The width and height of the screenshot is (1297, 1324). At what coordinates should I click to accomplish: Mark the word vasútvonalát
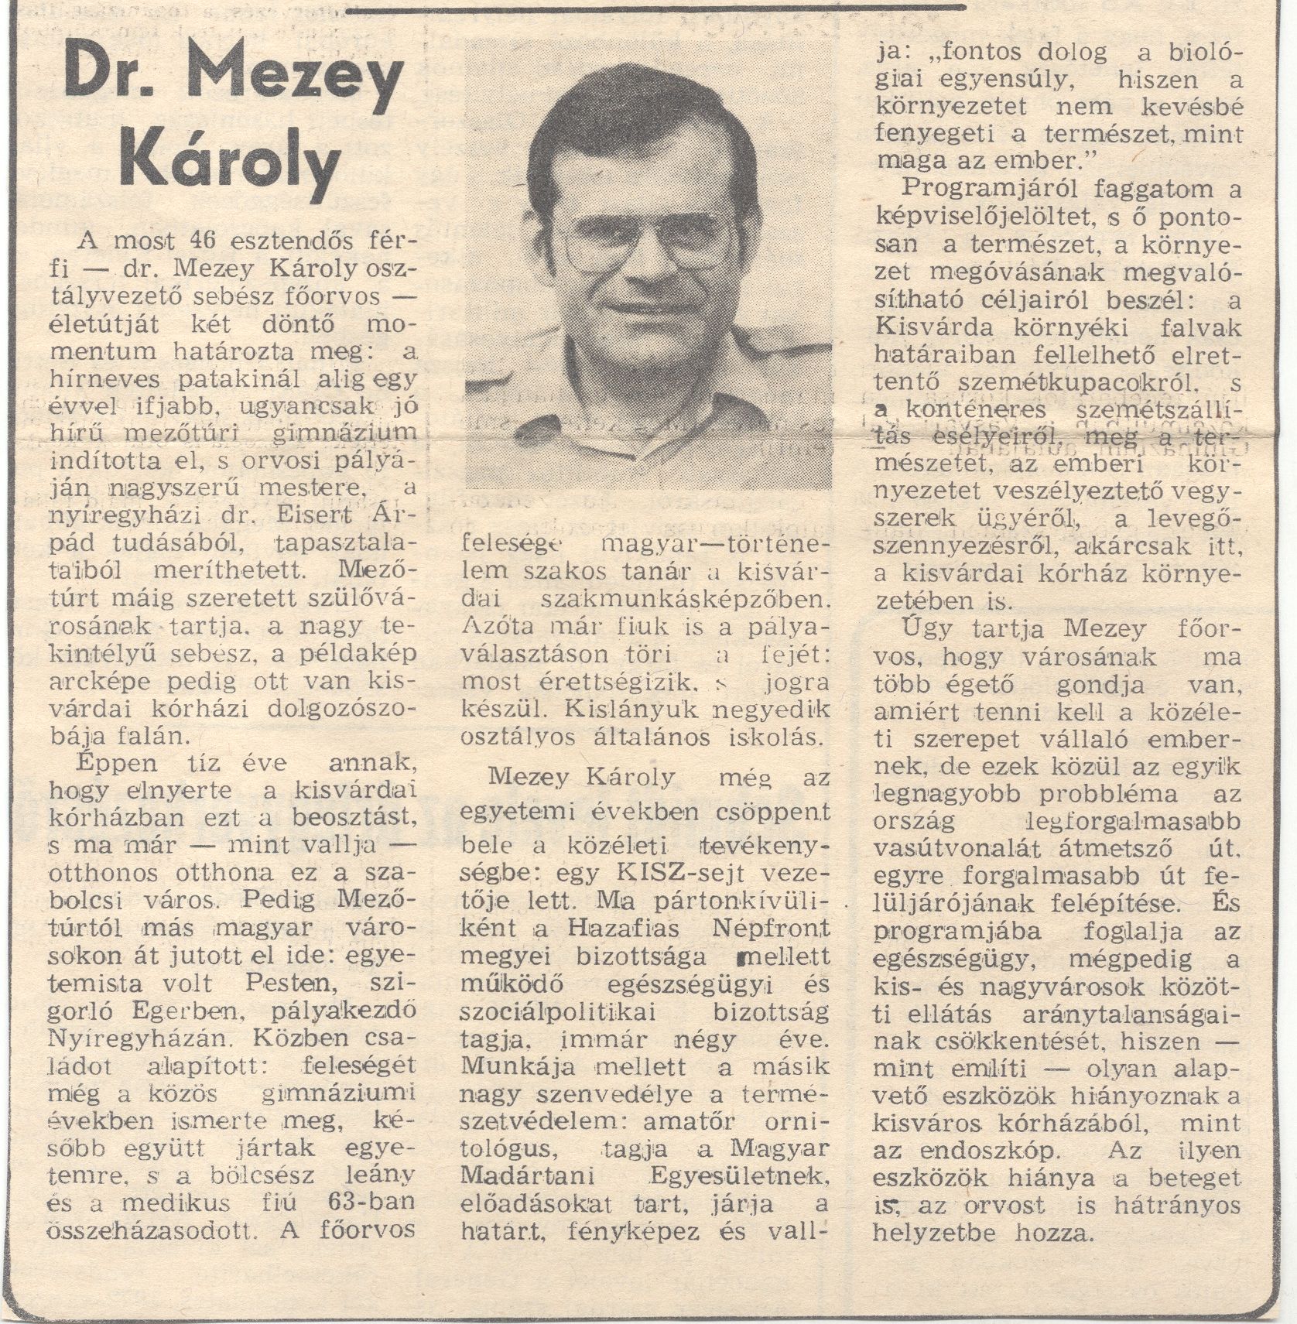(946, 849)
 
